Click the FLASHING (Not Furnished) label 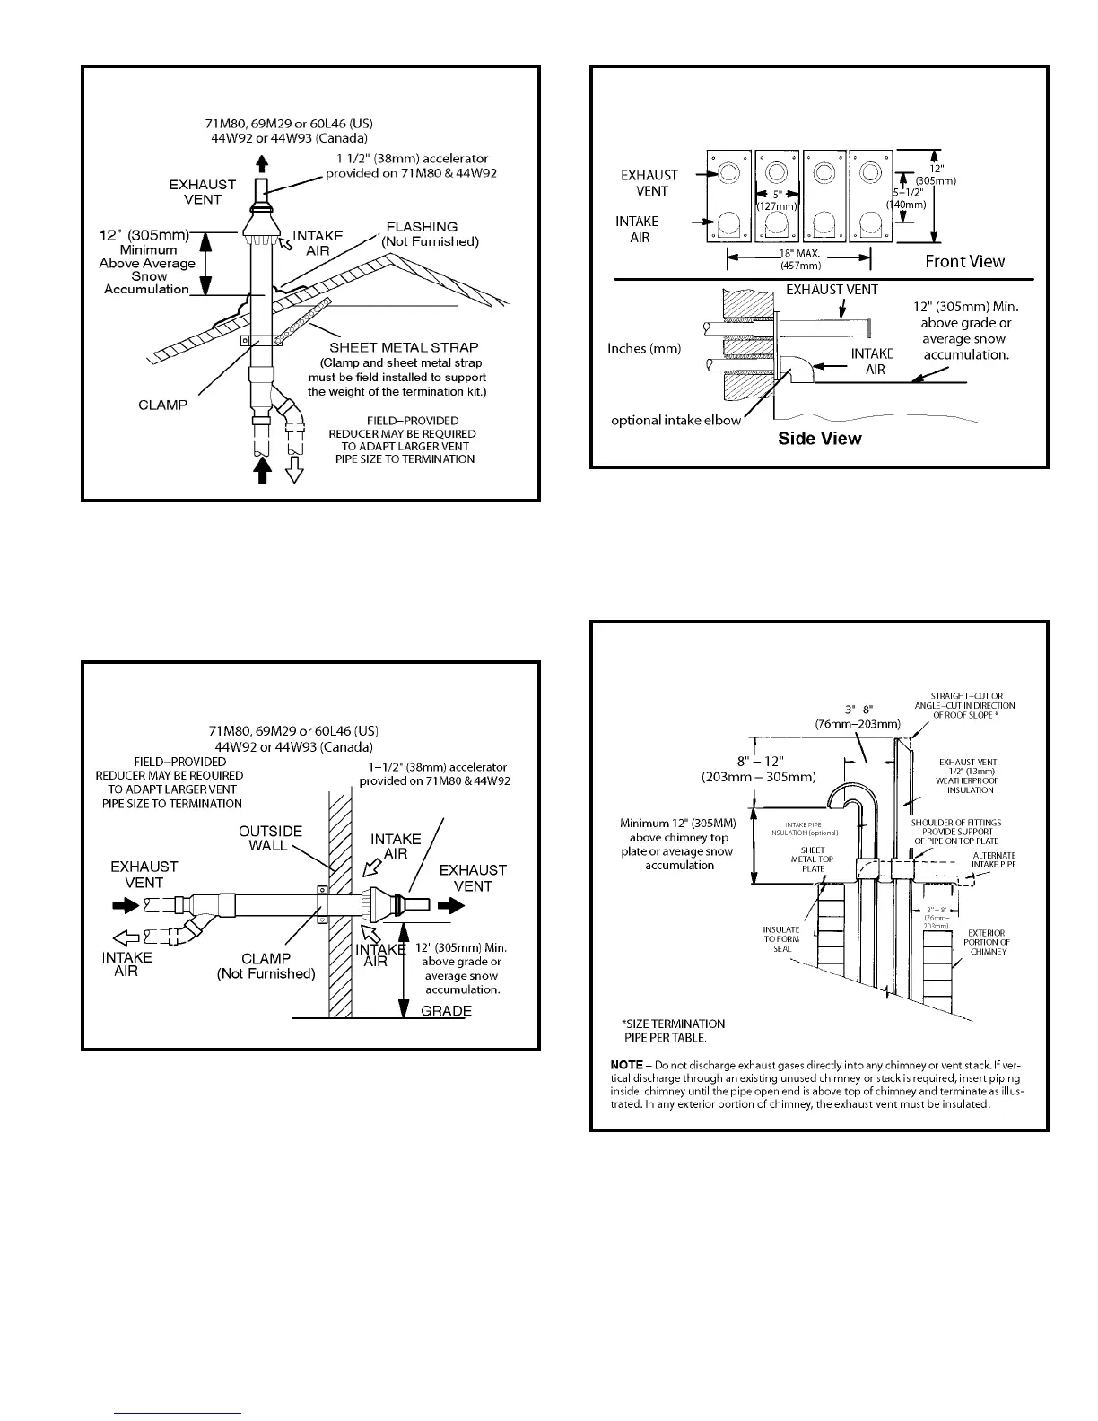pyautogui.click(x=430, y=234)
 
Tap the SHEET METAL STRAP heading pyautogui.click(x=404, y=347)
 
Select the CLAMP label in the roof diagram pyautogui.click(x=163, y=405)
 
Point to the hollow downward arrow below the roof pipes pyautogui.click(x=293, y=471)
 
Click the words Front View pyautogui.click(x=964, y=261)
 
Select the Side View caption pyautogui.click(x=819, y=439)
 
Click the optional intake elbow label pyautogui.click(x=676, y=420)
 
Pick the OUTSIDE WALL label pyautogui.click(x=270, y=838)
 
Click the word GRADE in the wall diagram pyautogui.click(x=446, y=1011)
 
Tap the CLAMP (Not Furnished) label pyautogui.click(x=266, y=966)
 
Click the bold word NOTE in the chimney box pyautogui.click(x=626, y=1065)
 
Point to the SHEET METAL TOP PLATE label pyautogui.click(x=813, y=859)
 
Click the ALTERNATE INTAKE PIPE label pyautogui.click(x=993, y=859)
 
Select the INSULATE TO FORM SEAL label pyautogui.click(x=780, y=939)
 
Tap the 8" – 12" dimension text pyautogui.click(x=759, y=761)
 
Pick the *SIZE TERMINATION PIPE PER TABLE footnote pyautogui.click(x=673, y=1031)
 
